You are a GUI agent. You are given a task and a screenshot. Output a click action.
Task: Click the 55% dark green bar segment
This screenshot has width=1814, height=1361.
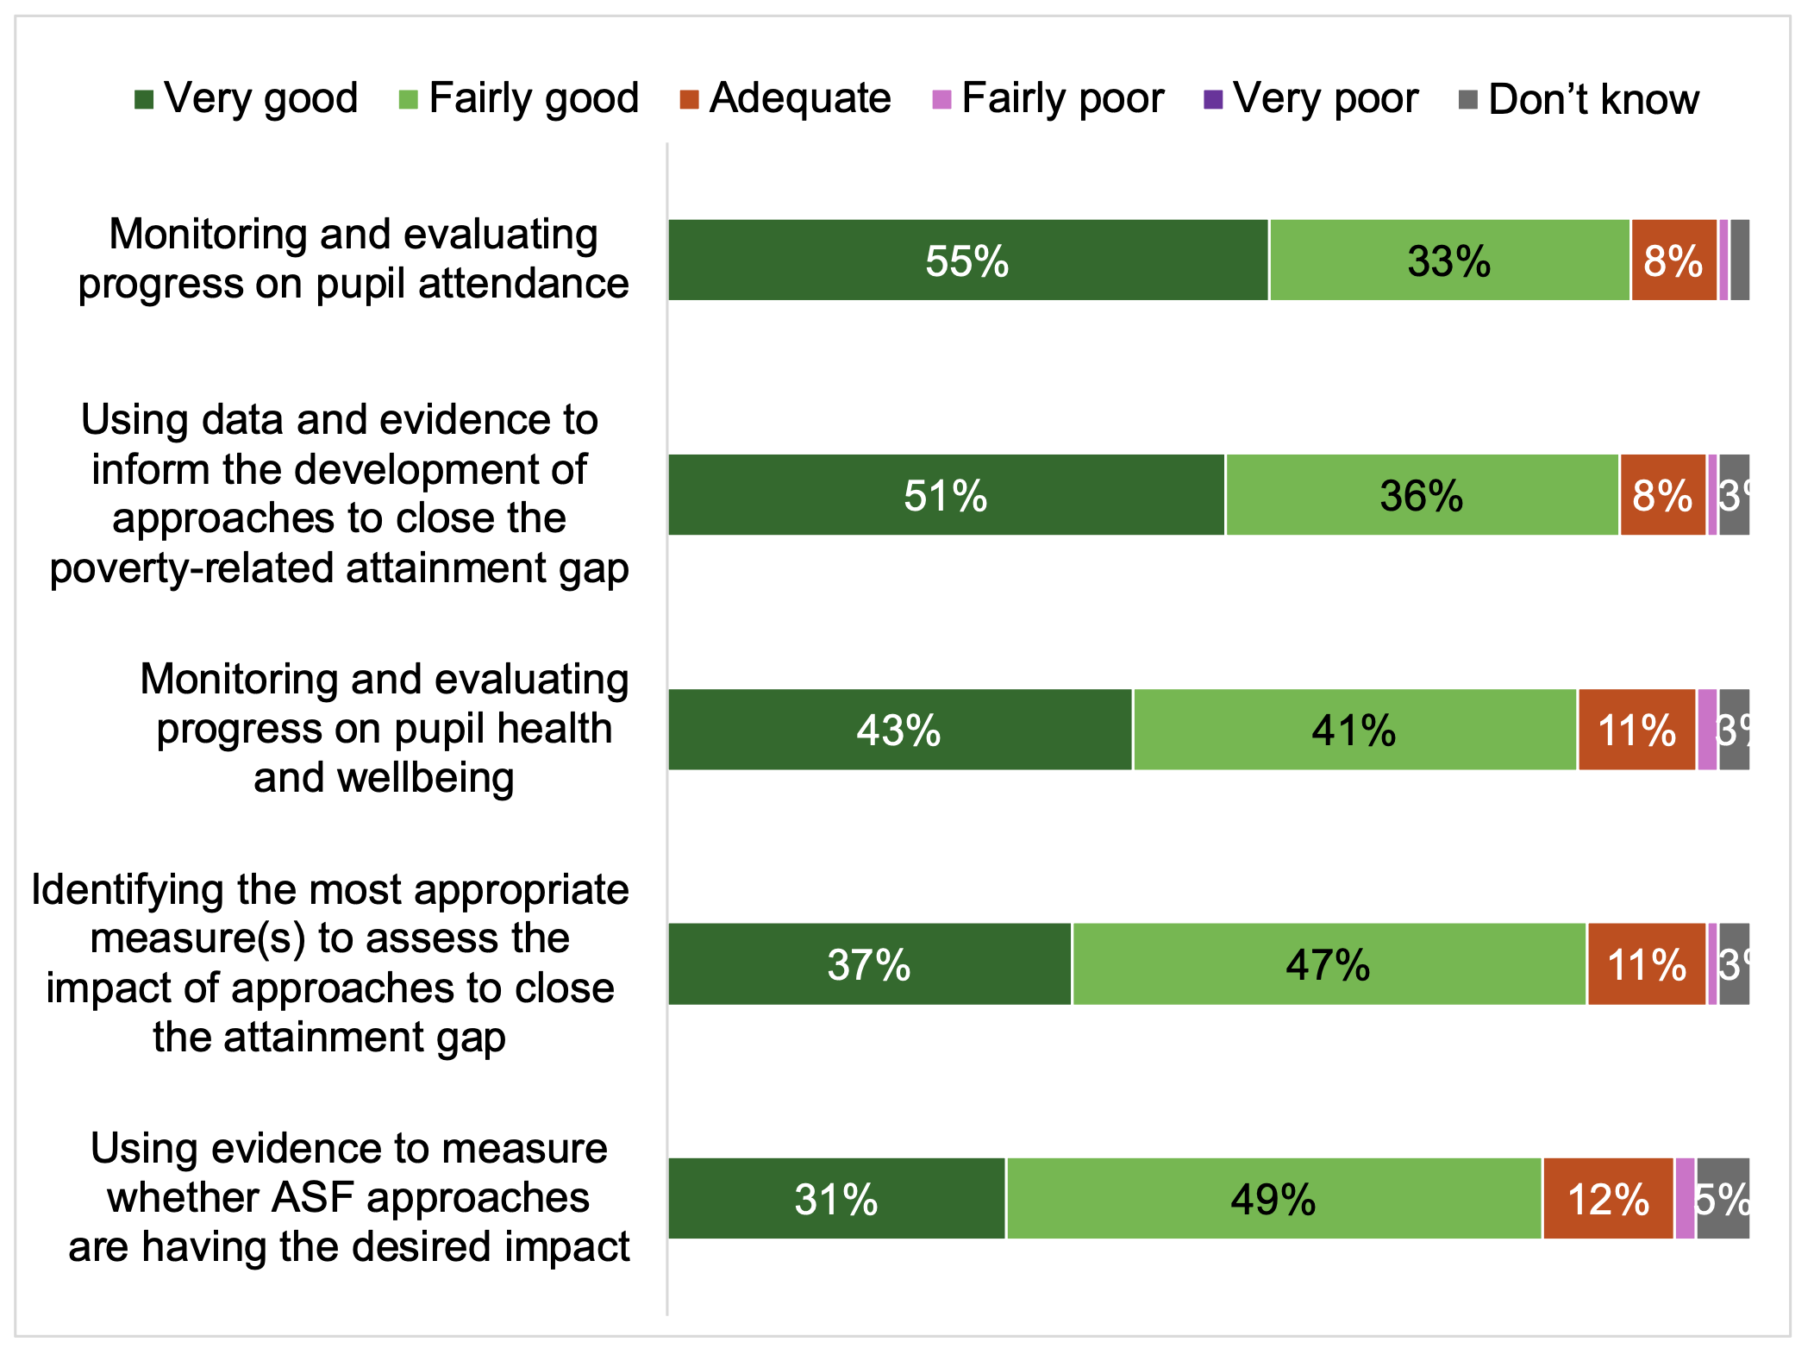[x=967, y=260]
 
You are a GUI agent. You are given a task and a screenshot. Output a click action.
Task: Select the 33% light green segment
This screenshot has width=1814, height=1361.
[x=1449, y=260]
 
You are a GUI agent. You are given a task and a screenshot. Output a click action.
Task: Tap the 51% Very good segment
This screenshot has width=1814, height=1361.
[x=946, y=494]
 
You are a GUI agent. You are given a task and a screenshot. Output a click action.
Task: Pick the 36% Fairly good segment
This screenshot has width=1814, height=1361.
[x=1422, y=494]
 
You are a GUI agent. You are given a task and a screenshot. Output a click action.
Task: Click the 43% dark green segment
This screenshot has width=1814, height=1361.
[x=899, y=729]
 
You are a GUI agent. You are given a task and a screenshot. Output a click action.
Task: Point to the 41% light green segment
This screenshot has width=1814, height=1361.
[x=1354, y=729]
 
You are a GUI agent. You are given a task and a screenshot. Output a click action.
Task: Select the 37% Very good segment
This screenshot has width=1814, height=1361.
[x=869, y=963]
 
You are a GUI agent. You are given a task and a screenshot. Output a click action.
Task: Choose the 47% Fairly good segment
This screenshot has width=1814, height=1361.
[x=1329, y=963]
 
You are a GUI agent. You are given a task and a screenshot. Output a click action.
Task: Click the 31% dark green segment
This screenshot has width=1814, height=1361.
[x=836, y=1198]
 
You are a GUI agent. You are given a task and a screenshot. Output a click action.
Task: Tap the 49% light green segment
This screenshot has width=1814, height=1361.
[x=1273, y=1198]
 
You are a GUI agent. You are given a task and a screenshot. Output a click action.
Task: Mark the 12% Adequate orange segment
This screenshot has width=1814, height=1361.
[x=1608, y=1198]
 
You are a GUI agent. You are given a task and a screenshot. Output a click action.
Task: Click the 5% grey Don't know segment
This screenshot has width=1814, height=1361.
[x=1723, y=1198]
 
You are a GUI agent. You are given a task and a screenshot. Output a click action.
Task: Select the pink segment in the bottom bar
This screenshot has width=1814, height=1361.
[x=1685, y=1198]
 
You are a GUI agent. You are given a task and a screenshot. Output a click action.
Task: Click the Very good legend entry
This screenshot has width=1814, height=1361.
[x=247, y=98]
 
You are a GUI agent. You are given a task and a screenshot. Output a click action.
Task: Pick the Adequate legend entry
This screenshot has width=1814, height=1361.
[x=785, y=98]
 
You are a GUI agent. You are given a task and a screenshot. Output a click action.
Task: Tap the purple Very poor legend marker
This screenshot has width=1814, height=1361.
[x=1213, y=99]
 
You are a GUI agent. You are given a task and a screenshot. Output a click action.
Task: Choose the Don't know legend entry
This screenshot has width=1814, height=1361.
[x=1578, y=99]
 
